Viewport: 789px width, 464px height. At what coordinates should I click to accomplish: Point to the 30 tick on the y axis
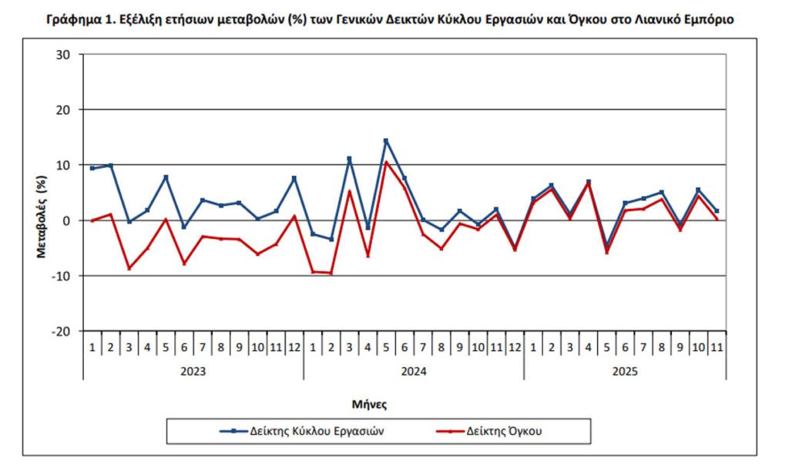click(x=64, y=55)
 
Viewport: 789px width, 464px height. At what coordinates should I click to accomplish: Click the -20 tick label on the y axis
click(x=62, y=331)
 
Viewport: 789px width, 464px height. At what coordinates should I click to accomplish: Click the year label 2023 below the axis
click(x=193, y=371)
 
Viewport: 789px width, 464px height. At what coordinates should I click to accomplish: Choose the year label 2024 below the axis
click(x=414, y=371)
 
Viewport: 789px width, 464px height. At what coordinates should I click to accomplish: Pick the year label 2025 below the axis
click(x=626, y=371)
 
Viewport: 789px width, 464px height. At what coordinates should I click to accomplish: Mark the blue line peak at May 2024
click(x=386, y=141)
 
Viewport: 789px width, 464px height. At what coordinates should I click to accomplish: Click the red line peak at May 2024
click(x=386, y=162)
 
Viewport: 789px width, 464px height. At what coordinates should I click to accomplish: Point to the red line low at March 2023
click(x=129, y=268)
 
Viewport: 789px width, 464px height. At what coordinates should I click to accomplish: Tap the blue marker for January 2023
click(x=92, y=168)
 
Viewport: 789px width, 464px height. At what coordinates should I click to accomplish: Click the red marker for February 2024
click(x=331, y=273)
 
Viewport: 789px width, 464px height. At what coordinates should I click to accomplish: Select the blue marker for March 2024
click(x=349, y=159)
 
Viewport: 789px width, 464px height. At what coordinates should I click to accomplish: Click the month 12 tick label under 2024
click(x=515, y=348)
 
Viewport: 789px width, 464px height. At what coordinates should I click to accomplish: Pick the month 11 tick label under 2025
click(x=717, y=348)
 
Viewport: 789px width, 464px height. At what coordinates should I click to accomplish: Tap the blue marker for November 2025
click(x=717, y=210)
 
